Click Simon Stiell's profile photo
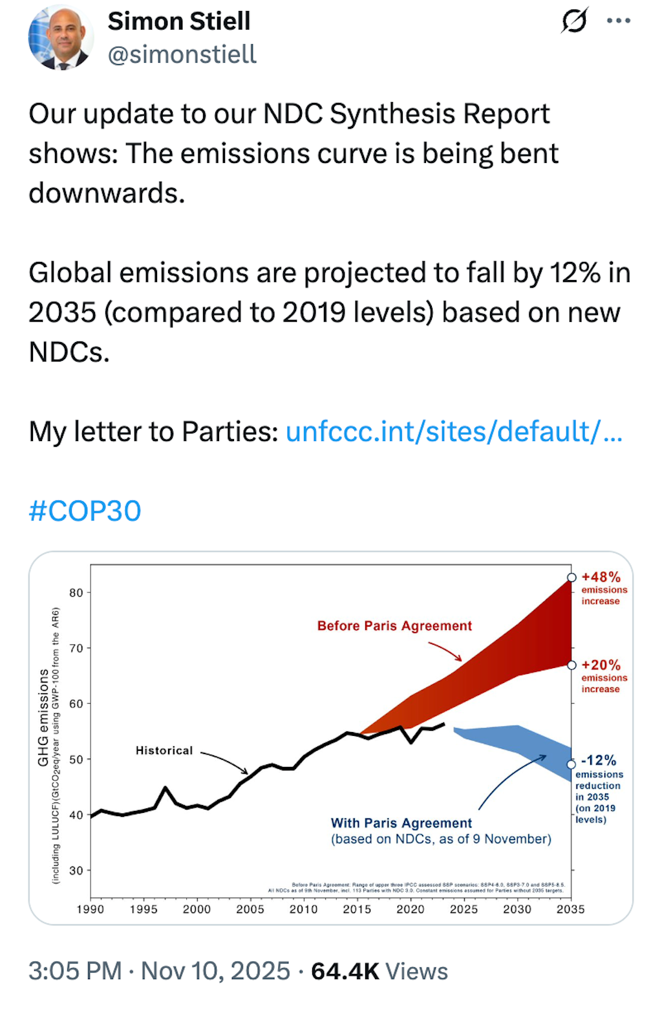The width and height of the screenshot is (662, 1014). [x=60, y=38]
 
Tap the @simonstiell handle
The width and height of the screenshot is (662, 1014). [x=182, y=55]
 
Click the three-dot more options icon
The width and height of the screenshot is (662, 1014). [x=618, y=21]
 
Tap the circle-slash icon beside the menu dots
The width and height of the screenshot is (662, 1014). [x=574, y=21]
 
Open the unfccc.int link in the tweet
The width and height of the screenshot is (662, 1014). [x=454, y=431]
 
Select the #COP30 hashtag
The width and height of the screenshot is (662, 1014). [x=85, y=511]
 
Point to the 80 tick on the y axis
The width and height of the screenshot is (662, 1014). [x=76, y=592]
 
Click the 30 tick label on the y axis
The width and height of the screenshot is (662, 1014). [x=76, y=870]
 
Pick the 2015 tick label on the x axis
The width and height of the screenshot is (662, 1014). [x=357, y=909]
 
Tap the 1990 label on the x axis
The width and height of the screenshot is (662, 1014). [x=91, y=909]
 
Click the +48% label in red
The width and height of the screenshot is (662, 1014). [x=601, y=577]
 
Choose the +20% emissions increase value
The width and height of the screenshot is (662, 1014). [x=601, y=665]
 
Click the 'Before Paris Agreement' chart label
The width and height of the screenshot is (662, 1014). [x=394, y=626]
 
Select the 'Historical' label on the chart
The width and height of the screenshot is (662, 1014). [x=164, y=750]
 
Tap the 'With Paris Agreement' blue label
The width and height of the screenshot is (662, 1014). [x=401, y=823]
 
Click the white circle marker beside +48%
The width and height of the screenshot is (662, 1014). [x=571, y=577]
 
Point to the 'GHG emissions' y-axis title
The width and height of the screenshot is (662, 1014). [x=43, y=718]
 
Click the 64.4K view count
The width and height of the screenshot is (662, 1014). [x=345, y=971]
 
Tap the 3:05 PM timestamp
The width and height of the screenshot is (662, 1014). [x=75, y=971]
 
